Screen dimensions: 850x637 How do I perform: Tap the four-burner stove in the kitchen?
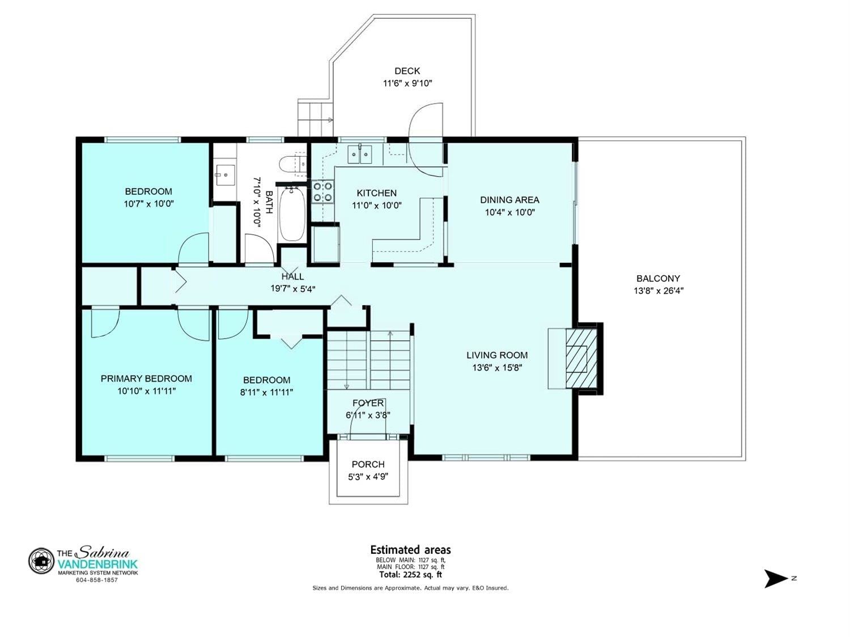pyautogui.click(x=323, y=192)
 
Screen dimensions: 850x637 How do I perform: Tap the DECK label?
pyautogui.click(x=407, y=71)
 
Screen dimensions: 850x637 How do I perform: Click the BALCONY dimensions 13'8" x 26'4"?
pyautogui.click(x=658, y=290)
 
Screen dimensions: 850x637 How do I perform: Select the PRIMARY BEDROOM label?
pyautogui.click(x=146, y=379)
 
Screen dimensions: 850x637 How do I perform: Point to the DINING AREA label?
pyautogui.click(x=509, y=200)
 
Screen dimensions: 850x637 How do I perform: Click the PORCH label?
pyautogui.click(x=368, y=464)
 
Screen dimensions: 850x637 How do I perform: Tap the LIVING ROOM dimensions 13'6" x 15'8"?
pyautogui.click(x=497, y=367)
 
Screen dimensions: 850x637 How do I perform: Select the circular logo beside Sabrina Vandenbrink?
pyautogui.click(x=41, y=561)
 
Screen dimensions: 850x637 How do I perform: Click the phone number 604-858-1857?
pyautogui.click(x=97, y=580)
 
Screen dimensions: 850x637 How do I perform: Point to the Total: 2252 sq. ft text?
pyautogui.click(x=410, y=574)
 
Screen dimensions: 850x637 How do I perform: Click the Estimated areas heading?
pyautogui.click(x=410, y=550)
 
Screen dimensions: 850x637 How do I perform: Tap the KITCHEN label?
pyautogui.click(x=376, y=193)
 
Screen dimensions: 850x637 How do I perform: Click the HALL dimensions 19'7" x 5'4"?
pyautogui.click(x=293, y=289)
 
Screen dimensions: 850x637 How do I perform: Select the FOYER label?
pyautogui.click(x=368, y=403)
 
